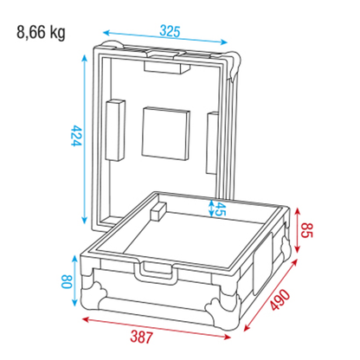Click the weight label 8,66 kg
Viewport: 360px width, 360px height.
point(41,33)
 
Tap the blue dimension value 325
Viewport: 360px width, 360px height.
point(170,31)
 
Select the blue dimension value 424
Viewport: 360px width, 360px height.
point(77,136)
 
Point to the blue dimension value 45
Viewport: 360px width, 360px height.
point(220,209)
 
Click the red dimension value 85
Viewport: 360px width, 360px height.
point(306,230)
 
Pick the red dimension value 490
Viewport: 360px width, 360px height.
point(280,299)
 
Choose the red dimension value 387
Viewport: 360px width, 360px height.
point(141,337)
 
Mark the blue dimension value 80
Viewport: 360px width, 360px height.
point(67,281)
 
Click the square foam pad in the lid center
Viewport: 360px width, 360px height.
point(165,133)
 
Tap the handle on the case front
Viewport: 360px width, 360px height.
point(155,273)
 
